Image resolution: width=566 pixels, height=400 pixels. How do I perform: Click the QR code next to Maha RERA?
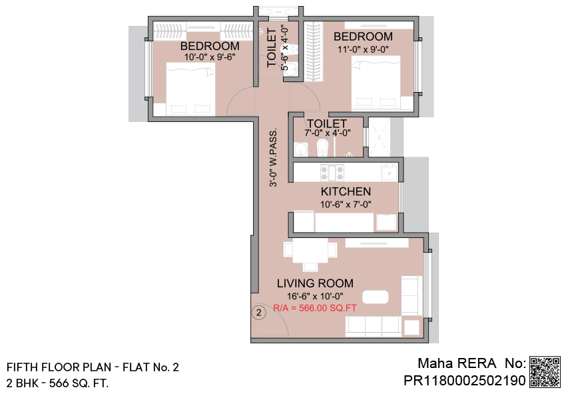[x=545, y=372]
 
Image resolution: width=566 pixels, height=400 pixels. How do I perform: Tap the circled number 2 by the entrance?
[x=258, y=313]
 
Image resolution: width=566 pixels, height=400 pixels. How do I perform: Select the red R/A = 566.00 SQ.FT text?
[x=315, y=308]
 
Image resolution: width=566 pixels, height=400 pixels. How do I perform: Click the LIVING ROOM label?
[x=315, y=283]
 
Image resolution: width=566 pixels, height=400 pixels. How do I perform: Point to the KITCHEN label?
[x=346, y=191]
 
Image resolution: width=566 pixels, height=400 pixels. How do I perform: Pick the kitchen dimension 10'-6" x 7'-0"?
[x=346, y=205]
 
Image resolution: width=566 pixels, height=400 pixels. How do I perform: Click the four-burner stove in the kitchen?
[x=332, y=173]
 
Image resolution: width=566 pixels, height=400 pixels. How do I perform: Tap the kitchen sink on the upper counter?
[x=390, y=173]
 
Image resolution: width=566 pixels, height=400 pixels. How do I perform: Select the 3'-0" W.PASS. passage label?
[x=274, y=157]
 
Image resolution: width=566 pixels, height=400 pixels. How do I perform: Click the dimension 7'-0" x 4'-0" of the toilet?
[x=328, y=133]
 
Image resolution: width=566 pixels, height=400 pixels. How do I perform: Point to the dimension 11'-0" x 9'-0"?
[x=363, y=49]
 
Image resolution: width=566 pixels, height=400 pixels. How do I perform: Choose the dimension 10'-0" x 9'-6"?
[x=210, y=57]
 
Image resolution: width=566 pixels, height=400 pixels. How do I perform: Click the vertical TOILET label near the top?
[x=272, y=48]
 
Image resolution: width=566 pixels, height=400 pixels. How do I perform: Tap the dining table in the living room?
[x=310, y=250]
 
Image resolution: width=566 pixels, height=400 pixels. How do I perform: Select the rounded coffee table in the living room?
[x=376, y=297]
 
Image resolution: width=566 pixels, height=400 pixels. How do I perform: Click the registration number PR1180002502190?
[x=465, y=381]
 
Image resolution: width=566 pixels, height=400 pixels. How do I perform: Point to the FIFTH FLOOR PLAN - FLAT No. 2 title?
[x=93, y=367]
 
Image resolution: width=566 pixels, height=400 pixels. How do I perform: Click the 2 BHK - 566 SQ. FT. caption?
[x=57, y=383]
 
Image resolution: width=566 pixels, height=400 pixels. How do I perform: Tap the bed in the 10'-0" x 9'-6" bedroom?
[x=190, y=89]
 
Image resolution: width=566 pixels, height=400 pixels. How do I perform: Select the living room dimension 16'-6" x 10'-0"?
[x=315, y=296]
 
